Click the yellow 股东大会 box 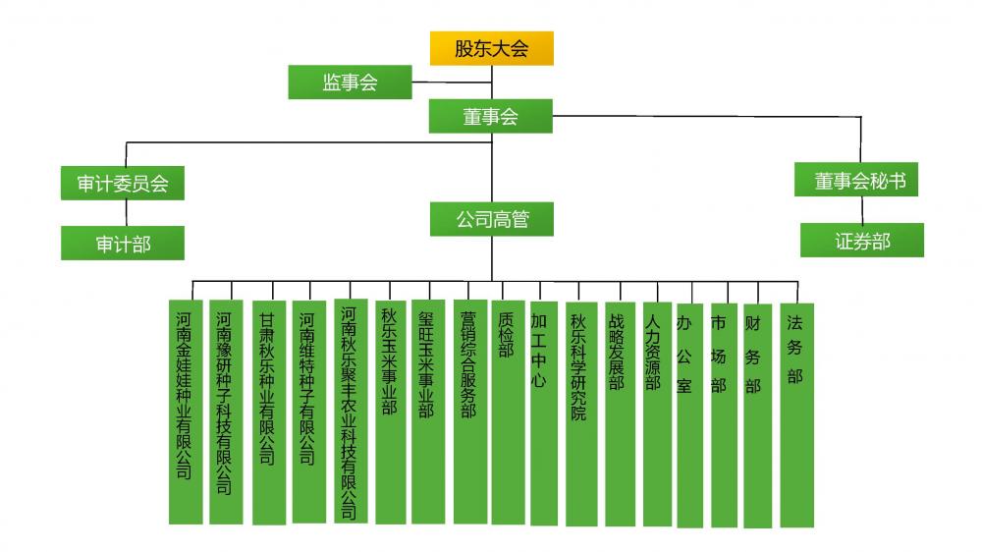492,48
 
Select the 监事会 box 351,83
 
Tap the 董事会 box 490,116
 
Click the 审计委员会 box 123,183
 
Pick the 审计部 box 123,244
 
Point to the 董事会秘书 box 856,180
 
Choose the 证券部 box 862,240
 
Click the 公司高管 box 492,219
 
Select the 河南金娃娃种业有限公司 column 186,412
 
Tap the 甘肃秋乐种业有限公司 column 269,413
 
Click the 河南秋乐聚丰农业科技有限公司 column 351,411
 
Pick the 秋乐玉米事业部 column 391,413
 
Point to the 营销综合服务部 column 470,412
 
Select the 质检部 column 508,413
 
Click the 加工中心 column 544,414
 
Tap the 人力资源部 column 657,414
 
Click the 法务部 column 796,415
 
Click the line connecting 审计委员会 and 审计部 126,213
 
